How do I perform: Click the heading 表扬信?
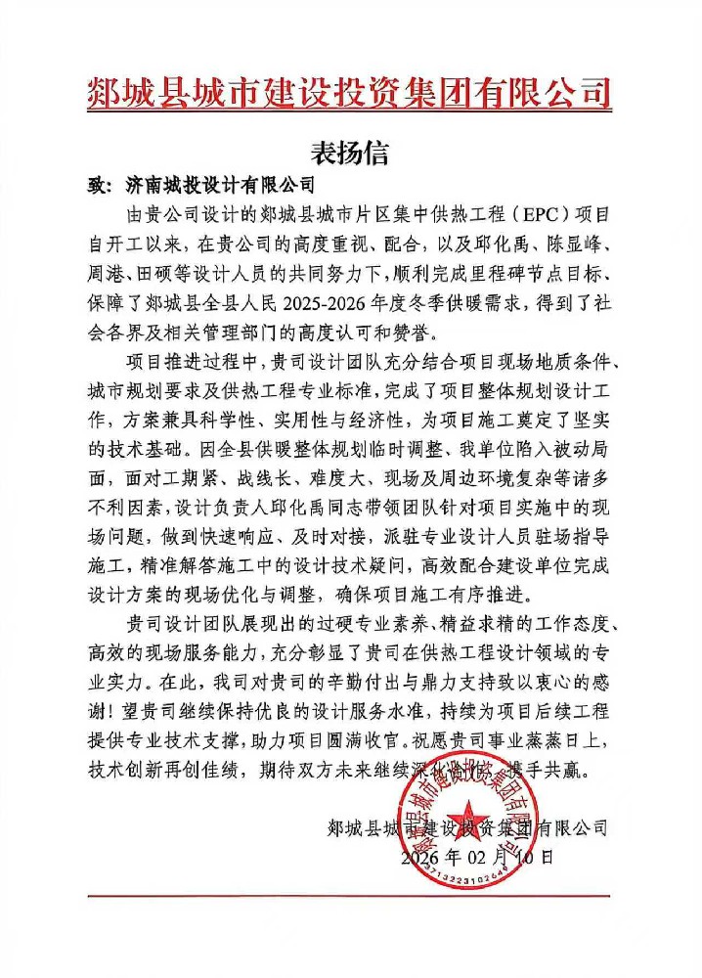click(350, 153)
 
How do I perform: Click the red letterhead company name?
click(349, 96)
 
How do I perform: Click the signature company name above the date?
click(467, 828)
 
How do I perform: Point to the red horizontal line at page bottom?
click(349, 895)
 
